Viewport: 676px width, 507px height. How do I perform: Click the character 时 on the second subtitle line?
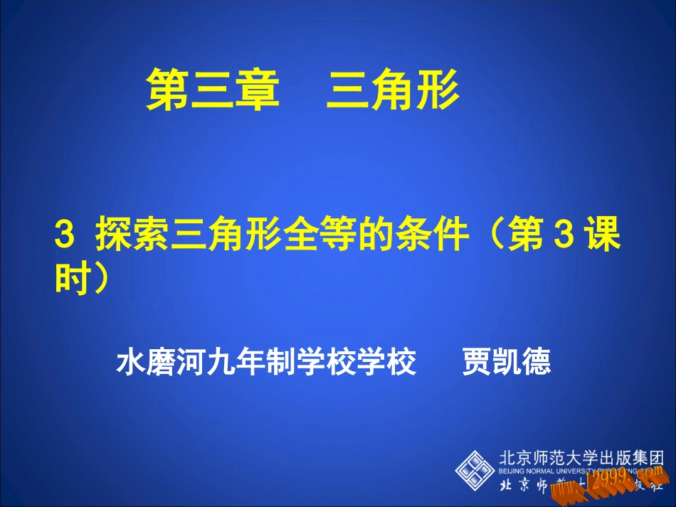(x=70, y=279)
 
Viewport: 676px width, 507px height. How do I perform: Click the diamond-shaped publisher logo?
(x=475, y=469)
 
